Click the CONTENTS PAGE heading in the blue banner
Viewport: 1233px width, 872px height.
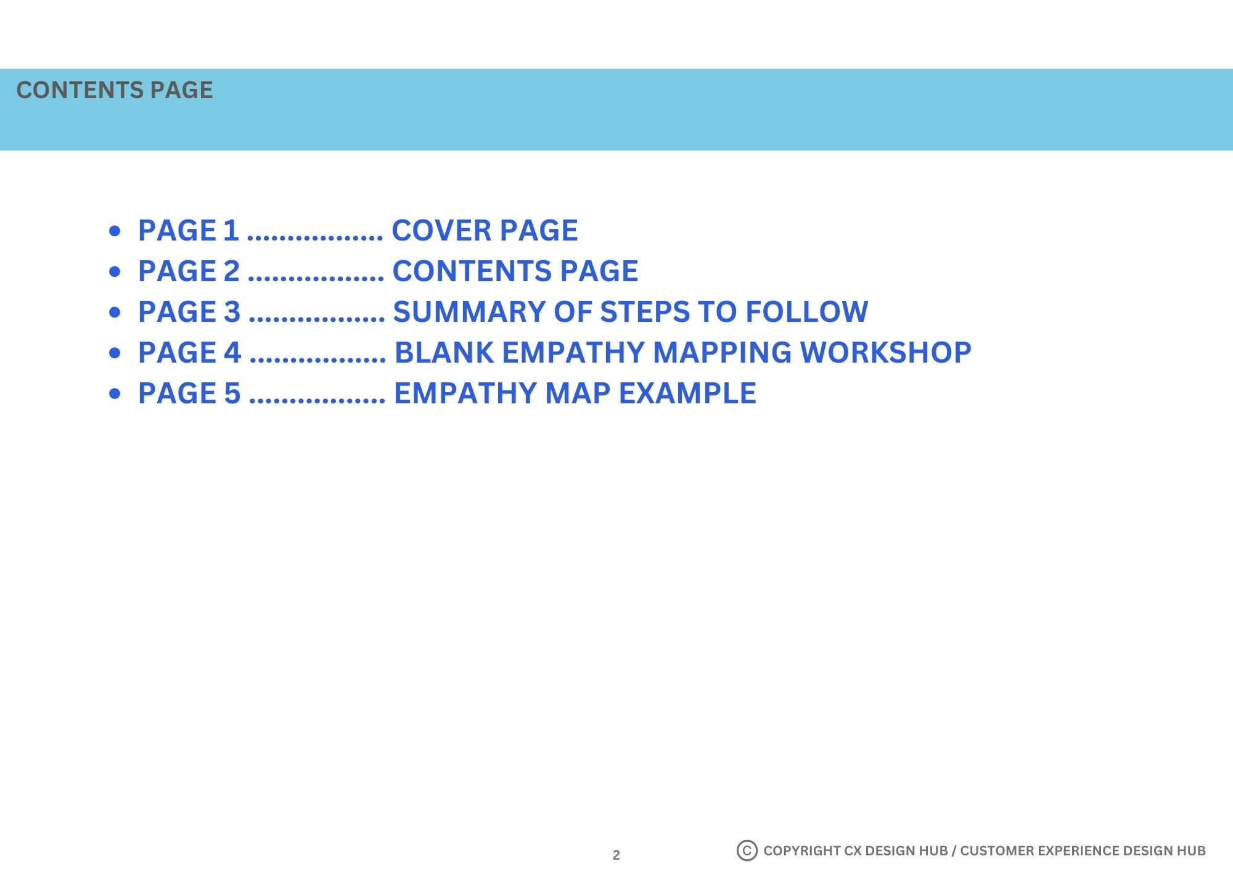115,90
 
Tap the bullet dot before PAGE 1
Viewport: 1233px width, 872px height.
115,231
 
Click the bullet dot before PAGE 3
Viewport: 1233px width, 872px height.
115,313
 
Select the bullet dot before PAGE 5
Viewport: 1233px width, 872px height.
115,394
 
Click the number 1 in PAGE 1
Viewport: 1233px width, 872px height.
231,231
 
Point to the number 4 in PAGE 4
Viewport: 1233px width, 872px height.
232,353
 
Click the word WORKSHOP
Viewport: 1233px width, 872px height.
885,353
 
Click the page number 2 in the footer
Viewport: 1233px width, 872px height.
616,855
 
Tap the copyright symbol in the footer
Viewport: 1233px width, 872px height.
747,850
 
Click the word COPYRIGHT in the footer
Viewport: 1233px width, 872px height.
801,850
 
